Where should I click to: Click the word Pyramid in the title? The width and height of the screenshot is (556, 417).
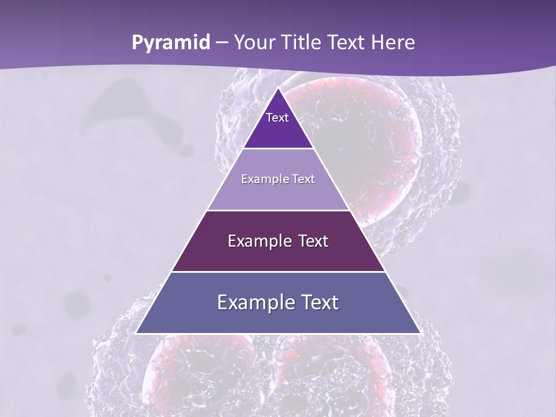(x=171, y=43)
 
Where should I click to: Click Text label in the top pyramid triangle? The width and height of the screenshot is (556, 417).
(x=277, y=118)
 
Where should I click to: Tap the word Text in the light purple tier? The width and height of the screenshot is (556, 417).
(x=304, y=180)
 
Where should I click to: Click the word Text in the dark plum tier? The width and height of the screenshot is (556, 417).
(x=313, y=241)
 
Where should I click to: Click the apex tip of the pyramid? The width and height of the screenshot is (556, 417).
(x=278, y=89)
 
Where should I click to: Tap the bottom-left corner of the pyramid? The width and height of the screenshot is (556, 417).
(x=137, y=333)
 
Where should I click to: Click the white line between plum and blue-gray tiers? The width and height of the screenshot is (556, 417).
(x=278, y=272)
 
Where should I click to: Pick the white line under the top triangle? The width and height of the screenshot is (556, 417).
(x=278, y=149)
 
